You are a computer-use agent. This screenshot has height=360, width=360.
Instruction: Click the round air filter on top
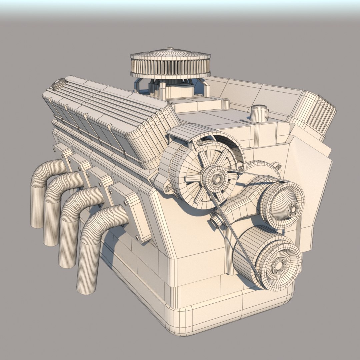[170, 63]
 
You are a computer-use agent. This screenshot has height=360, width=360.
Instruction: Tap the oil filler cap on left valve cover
[59, 83]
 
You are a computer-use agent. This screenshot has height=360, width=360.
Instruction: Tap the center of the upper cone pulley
[293, 208]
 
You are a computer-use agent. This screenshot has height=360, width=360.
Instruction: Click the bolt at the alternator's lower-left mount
[167, 189]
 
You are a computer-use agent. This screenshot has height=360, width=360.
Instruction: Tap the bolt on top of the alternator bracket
[200, 143]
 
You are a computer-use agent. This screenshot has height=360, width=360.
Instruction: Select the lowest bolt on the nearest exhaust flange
[137, 238]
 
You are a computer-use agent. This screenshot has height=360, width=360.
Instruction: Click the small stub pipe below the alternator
[216, 220]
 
